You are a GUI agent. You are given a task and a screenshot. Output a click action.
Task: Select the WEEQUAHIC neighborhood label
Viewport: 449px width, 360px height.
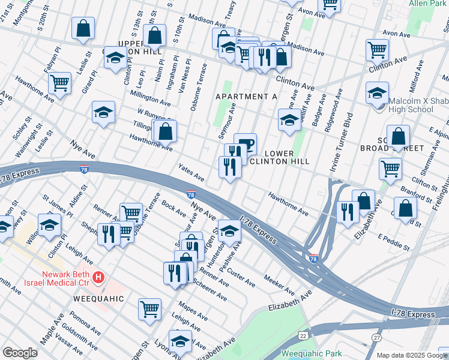pos(98,298)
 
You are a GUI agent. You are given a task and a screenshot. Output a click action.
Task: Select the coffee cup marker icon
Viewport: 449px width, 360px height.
pos(245,145)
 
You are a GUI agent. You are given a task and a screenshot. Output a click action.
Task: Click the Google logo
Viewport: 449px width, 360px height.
pos(20,353)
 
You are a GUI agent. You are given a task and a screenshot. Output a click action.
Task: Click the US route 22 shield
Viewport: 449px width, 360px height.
pos(304,335)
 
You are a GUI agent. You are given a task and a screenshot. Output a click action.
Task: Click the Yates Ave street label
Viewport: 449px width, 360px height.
pos(190,173)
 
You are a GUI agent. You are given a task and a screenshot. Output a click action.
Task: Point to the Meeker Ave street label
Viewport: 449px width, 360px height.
pos(279,285)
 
